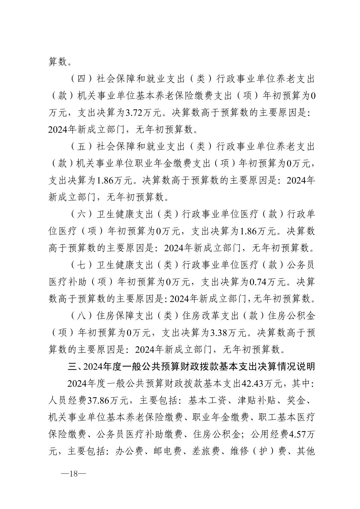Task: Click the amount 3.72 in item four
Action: [x=133, y=113]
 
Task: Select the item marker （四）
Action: [x=81, y=79]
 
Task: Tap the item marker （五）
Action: [x=81, y=147]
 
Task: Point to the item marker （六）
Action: [x=81, y=215]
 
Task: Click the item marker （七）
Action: [x=81, y=265]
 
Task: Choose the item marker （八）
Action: [x=81, y=316]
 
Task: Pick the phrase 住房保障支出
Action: [x=121, y=316]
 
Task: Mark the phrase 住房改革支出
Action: [x=205, y=316]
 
